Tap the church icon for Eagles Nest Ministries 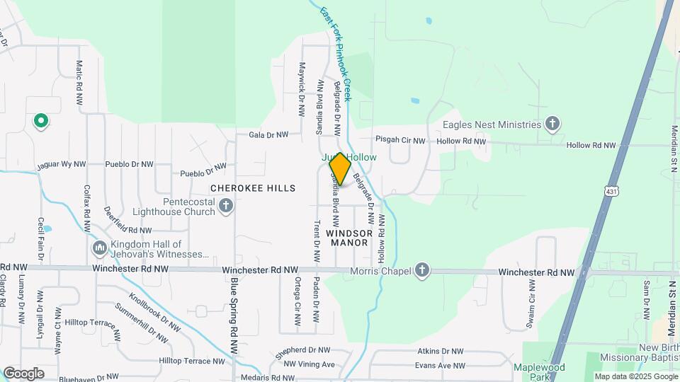pos(552,125)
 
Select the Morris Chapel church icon pos(422,270)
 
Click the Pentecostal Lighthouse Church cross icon pos(226,207)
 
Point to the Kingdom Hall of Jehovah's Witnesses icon pos(99,248)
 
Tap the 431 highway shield pos(611,190)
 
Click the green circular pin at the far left pos(41,122)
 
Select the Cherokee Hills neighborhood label pos(253,188)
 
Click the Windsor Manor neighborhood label pos(347,238)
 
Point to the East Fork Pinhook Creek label pos(335,54)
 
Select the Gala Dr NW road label pos(268,134)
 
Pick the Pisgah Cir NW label pos(401,141)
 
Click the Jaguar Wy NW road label pos(62,164)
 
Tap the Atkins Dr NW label pos(440,351)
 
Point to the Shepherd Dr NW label pos(303,349)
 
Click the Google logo pos(23,374)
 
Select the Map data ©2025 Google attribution pos(636,377)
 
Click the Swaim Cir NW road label pos(531,304)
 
